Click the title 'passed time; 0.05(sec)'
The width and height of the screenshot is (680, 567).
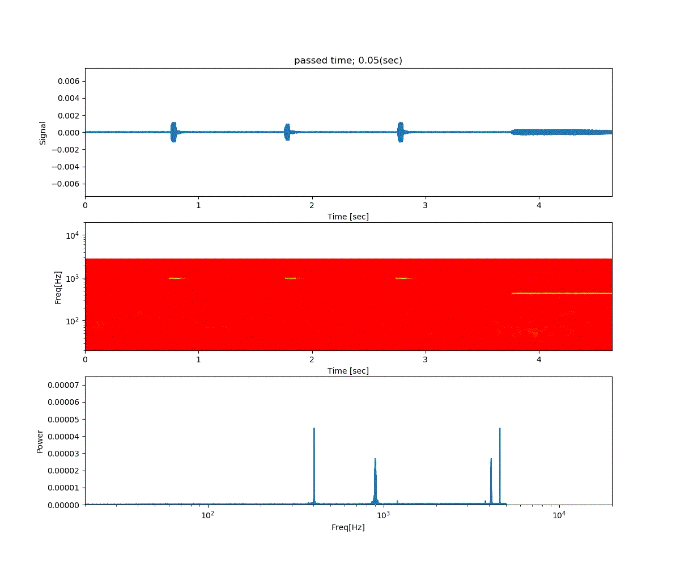[x=348, y=61]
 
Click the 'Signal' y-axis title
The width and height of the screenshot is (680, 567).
[x=42, y=133]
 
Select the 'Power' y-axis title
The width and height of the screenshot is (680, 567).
[x=40, y=441]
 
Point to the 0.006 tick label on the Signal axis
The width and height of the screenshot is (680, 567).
[x=68, y=81]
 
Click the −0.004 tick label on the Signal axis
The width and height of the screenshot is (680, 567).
[x=66, y=167]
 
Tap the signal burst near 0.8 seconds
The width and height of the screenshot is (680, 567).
[x=173, y=132]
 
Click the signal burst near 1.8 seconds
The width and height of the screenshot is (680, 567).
[x=287, y=132]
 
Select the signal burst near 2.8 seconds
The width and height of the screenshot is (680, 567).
[x=401, y=132]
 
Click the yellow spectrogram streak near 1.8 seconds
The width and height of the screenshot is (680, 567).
[x=291, y=278]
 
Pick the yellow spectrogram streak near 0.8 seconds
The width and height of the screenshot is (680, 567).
[x=175, y=278]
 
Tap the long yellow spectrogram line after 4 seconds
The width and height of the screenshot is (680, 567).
[x=561, y=293]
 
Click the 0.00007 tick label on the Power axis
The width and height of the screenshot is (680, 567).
[x=63, y=385]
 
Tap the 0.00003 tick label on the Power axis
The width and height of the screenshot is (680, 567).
[x=63, y=454]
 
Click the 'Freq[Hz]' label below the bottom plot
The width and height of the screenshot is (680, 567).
[x=348, y=527]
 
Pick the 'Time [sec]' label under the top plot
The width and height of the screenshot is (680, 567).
[x=348, y=217]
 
